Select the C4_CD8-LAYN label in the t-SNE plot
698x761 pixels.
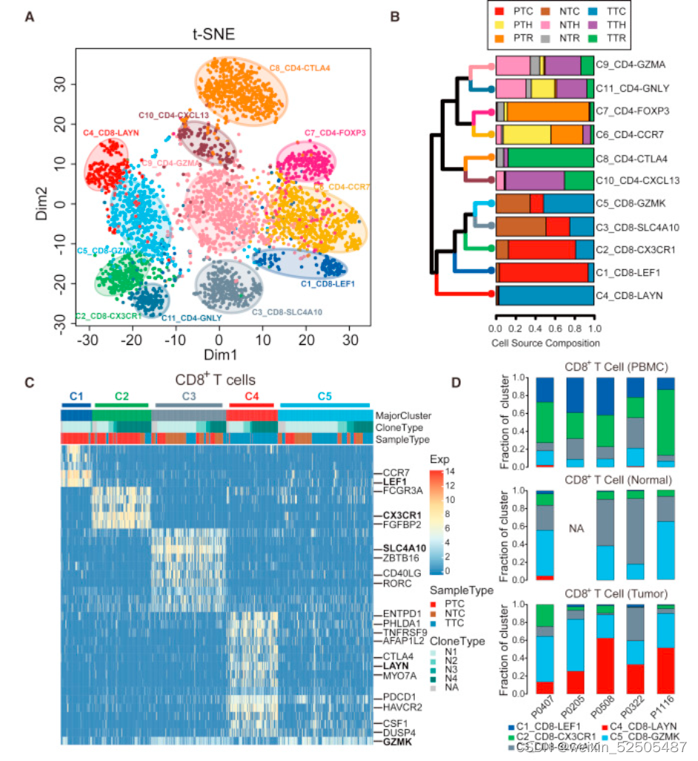click(111, 132)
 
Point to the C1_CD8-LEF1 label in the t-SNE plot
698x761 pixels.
click(328, 283)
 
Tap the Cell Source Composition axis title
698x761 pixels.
click(545, 343)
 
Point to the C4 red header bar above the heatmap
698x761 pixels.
click(251, 405)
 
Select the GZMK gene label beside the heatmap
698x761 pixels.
click(396, 741)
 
